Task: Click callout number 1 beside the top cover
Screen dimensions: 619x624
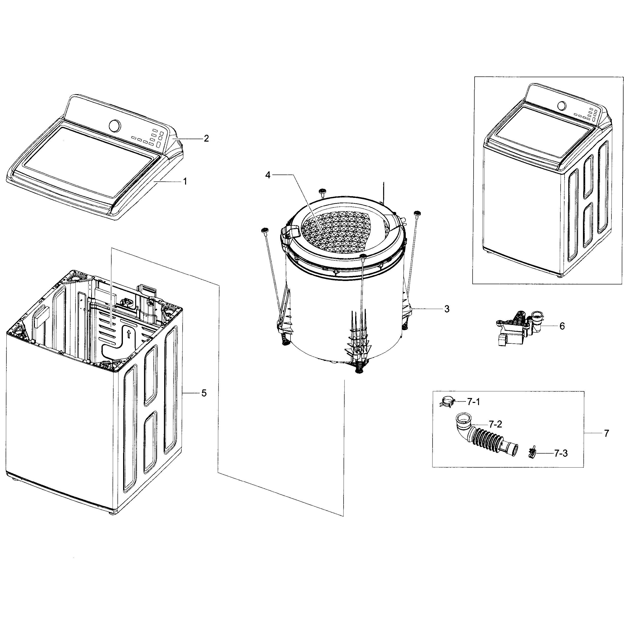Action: coord(185,182)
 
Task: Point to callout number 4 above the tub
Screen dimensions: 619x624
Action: coord(267,175)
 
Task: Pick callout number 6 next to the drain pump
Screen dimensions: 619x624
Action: coord(562,326)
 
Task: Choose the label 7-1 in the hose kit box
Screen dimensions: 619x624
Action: coord(474,402)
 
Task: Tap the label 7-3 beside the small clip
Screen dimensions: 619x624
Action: coord(561,454)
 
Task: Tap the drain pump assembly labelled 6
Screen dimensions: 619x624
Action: coord(517,328)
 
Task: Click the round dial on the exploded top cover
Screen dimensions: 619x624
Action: coord(115,126)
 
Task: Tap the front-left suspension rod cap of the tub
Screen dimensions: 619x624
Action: coord(264,230)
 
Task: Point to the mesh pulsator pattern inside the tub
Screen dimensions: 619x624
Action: coord(339,233)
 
